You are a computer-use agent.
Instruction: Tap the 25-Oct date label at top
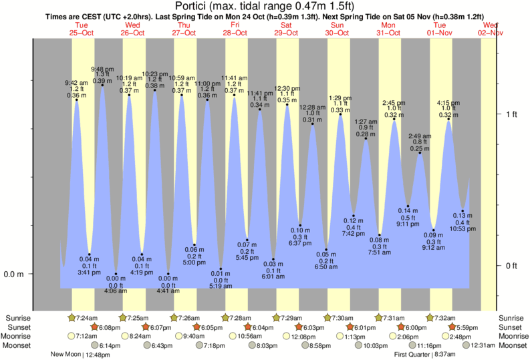pyautogui.click(x=82, y=32)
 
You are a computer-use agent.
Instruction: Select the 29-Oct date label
pyautogui.click(x=286, y=32)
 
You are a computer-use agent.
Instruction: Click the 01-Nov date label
pyautogui.click(x=440, y=32)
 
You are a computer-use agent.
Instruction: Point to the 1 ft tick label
pyautogui.click(x=511, y=114)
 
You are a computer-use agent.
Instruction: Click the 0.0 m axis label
pyautogui.click(x=15, y=274)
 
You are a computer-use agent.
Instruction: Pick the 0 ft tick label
pyautogui.click(x=511, y=266)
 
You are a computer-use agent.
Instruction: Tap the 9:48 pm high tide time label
pyautogui.click(x=102, y=69)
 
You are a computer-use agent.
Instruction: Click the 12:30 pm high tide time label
pyautogui.click(x=287, y=88)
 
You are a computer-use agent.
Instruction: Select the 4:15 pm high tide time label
pyautogui.click(x=448, y=103)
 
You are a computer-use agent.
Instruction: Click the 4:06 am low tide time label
pyautogui.click(x=116, y=291)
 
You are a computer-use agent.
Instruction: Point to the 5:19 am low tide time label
pyautogui.click(x=220, y=286)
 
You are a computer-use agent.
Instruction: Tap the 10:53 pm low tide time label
pyautogui.click(x=462, y=228)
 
